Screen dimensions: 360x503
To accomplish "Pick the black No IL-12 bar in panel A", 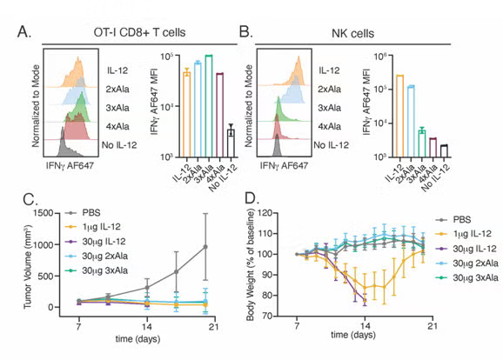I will click(231, 143).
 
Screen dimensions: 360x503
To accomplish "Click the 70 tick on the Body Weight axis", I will click(285, 317).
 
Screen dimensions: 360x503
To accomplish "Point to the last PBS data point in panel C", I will click(205, 247).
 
